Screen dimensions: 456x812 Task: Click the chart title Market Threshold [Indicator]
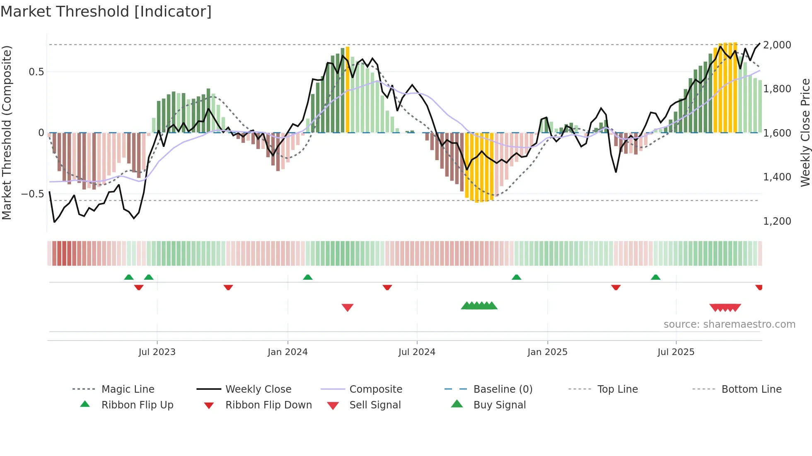[x=106, y=12]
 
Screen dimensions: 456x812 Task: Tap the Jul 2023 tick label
[x=157, y=352]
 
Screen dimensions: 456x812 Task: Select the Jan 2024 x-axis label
[x=288, y=352]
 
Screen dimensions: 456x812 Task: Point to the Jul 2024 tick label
[x=417, y=352]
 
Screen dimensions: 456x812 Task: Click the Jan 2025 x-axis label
[x=547, y=352]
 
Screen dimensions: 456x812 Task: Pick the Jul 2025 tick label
[x=676, y=352]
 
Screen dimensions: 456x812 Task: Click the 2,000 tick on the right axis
[x=777, y=45]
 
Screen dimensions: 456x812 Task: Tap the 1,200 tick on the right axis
[x=777, y=221]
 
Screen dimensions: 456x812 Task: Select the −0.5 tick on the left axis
[x=32, y=194]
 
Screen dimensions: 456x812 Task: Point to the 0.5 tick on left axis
[x=36, y=72]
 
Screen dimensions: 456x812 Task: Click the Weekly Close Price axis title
[x=805, y=132]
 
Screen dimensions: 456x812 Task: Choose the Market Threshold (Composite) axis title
[x=7, y=132]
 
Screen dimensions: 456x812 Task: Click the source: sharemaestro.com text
[x=729, y=324]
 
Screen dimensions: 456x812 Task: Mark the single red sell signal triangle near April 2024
[x=348, y=307]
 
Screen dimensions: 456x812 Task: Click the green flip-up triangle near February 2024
[x=307, y=277]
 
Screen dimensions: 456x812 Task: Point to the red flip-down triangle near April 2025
[x=616, y=287]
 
